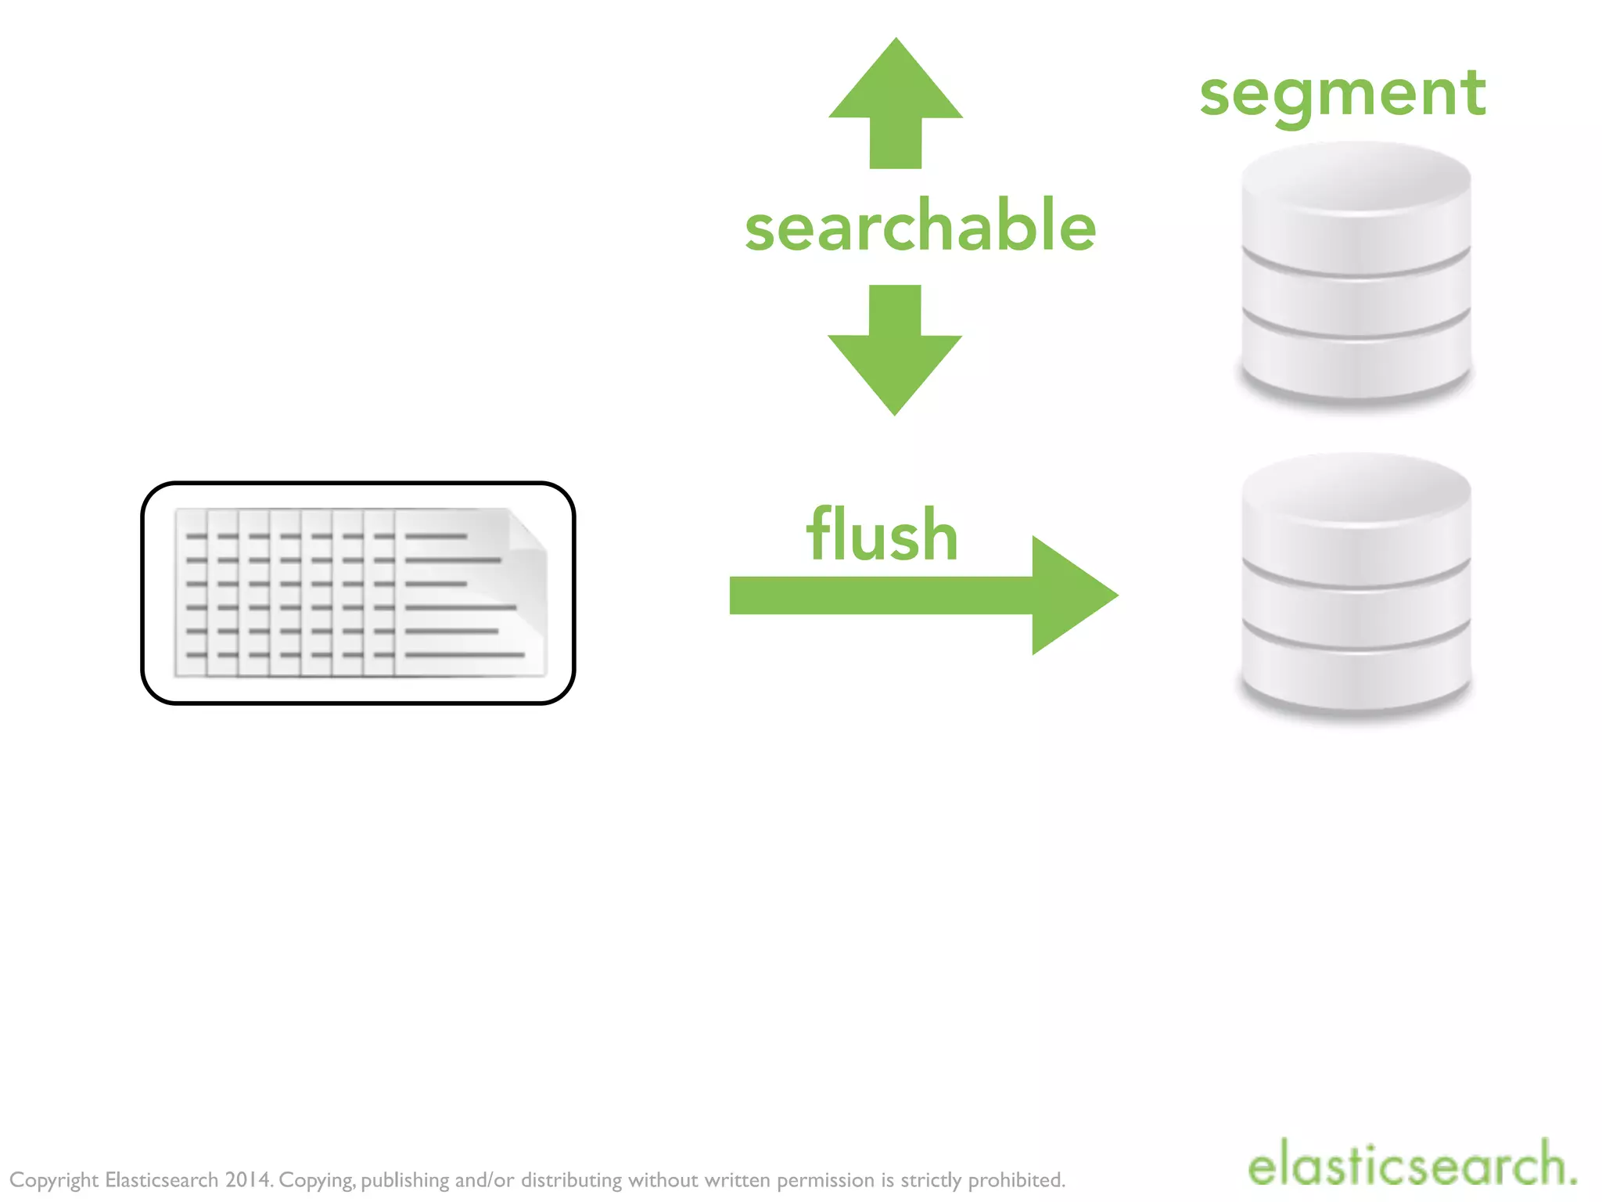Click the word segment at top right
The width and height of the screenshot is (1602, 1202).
point(1342,95)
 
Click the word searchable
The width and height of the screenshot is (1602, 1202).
point(920,226)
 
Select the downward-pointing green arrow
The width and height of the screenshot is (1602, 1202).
point(895,352)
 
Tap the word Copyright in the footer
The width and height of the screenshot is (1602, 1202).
point(54,1179)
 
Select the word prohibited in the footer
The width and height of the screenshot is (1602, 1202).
point(1016,1179)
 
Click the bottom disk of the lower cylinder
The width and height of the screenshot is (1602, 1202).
point(1356,677)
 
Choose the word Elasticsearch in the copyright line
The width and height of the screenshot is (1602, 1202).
point(161,1179)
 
